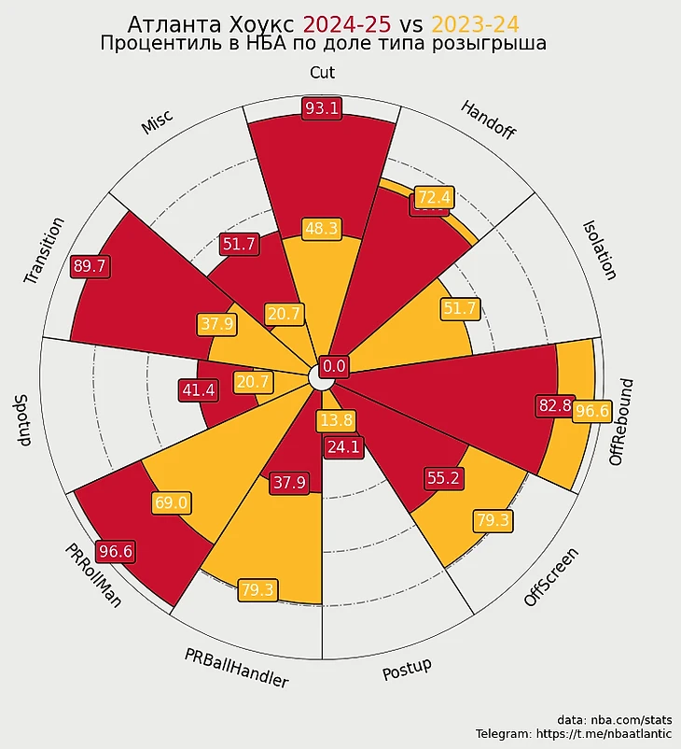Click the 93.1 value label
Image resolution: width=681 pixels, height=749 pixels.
pos(322,108)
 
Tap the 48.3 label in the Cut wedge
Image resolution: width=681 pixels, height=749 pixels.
pos(322,228)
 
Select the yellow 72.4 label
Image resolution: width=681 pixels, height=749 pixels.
pos(434,197)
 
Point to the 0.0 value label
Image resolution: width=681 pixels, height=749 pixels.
pos(334,366)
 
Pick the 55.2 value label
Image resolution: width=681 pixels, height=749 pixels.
pos(443,478)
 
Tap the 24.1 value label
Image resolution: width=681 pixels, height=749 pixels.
pos(342,447)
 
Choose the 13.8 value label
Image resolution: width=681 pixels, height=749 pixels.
pos(336,420)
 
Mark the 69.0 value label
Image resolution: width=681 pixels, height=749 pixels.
pos(171,502)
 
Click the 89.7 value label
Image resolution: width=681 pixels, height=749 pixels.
pos(90,266)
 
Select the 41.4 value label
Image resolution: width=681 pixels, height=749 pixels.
pos(198,390)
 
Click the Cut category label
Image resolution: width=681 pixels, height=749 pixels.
pos(322,73)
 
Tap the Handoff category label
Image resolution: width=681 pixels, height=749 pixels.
pos(488,120)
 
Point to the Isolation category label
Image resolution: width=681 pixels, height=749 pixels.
pos(599,249)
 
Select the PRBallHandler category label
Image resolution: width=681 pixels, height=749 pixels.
pos(236,667)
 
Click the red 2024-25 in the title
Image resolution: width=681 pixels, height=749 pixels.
pos(347,24)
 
